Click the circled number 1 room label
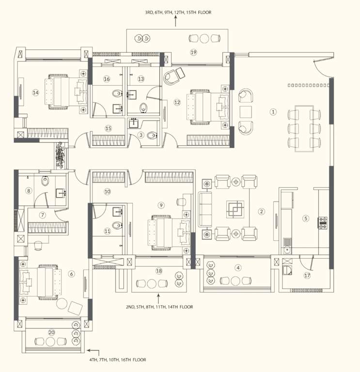pos(273,112)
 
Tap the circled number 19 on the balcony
pos(193,53)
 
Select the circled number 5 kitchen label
pos(306,218)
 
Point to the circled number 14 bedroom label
pos(35,93)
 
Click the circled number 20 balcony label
pos(52,332)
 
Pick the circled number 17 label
pos(307,276)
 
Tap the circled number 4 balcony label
pos(238,267)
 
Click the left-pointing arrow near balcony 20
pos(94,352)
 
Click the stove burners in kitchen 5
pos(322,223)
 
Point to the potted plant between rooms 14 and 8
pos(60,155)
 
